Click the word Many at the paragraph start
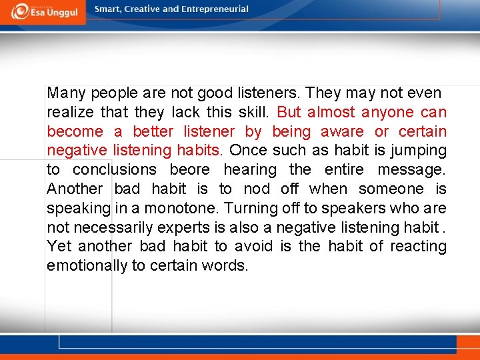66,93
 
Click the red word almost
331,112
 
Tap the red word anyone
388,112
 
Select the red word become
75,131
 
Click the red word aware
342,131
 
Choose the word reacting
418,247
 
